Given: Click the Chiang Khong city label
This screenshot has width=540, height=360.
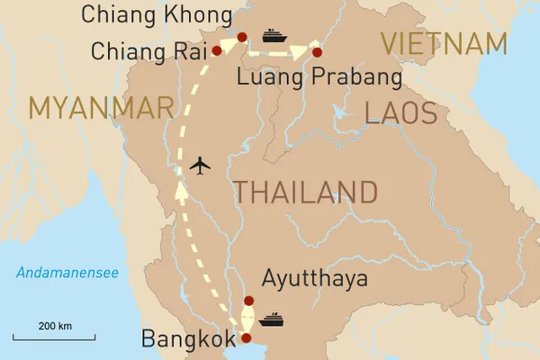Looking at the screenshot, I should [x=154, y=13].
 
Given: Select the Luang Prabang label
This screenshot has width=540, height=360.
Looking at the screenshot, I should [x=319, y=79].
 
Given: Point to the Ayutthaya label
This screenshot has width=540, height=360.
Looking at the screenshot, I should [x=315, y=279].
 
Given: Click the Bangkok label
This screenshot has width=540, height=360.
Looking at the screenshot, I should [x=187, y=339].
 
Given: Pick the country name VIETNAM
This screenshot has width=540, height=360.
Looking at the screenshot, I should [x=445, y=43].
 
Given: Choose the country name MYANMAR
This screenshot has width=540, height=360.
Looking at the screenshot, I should [x=101, y=108].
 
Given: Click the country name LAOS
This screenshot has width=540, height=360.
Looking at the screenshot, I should [x=400, y=112].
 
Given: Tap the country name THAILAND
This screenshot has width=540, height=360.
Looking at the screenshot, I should [x=305, y=192].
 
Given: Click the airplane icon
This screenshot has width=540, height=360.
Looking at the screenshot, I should [x=201, y=166].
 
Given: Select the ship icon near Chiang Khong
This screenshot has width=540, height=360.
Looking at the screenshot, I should [x=274, y=36].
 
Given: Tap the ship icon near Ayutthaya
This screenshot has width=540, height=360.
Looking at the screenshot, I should [x=271, y=319].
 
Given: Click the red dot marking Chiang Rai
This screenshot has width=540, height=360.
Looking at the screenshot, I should [x=216, y=51].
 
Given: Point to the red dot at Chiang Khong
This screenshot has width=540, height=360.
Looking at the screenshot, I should [x=241, y=37].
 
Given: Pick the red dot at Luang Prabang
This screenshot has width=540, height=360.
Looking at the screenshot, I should [x=317, y=52].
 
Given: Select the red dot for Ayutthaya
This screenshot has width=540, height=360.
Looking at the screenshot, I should [x=249, y=301].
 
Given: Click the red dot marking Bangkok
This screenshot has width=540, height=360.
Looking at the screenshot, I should [x=244, y=338].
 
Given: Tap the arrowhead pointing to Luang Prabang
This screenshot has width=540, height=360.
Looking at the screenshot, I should [x=302, y=52].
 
